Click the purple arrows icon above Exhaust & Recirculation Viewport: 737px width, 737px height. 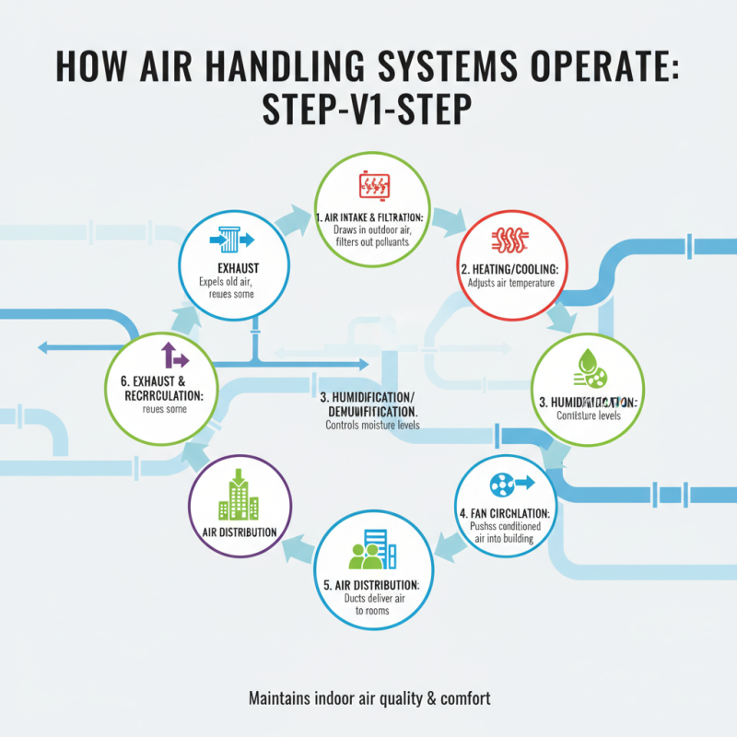pyautogui.click(x=174, y=357)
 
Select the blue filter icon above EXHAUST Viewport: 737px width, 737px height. pyautogui.click(x=229, y=239)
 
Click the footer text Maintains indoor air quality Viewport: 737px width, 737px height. pyautogui.click(x=369, y=699)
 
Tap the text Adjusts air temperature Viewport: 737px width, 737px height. pyautogui.click(x=509, y=283)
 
